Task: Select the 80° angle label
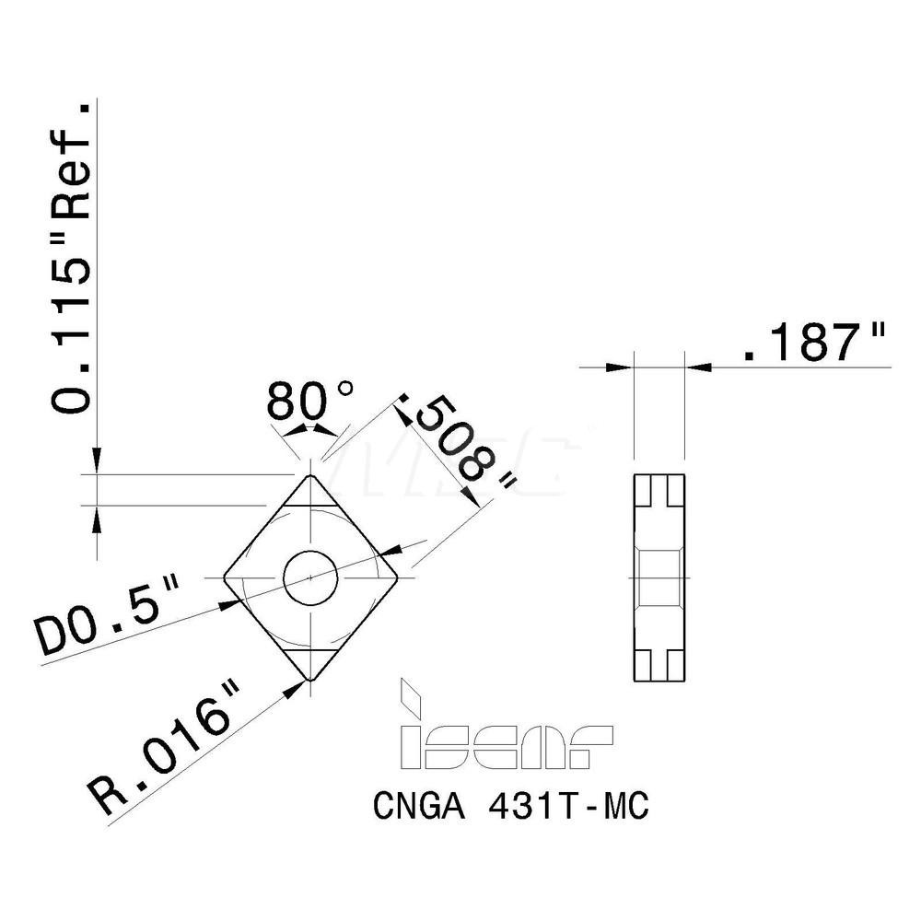309,402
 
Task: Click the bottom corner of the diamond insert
311,680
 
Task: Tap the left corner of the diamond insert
225,577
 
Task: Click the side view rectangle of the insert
659,577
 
